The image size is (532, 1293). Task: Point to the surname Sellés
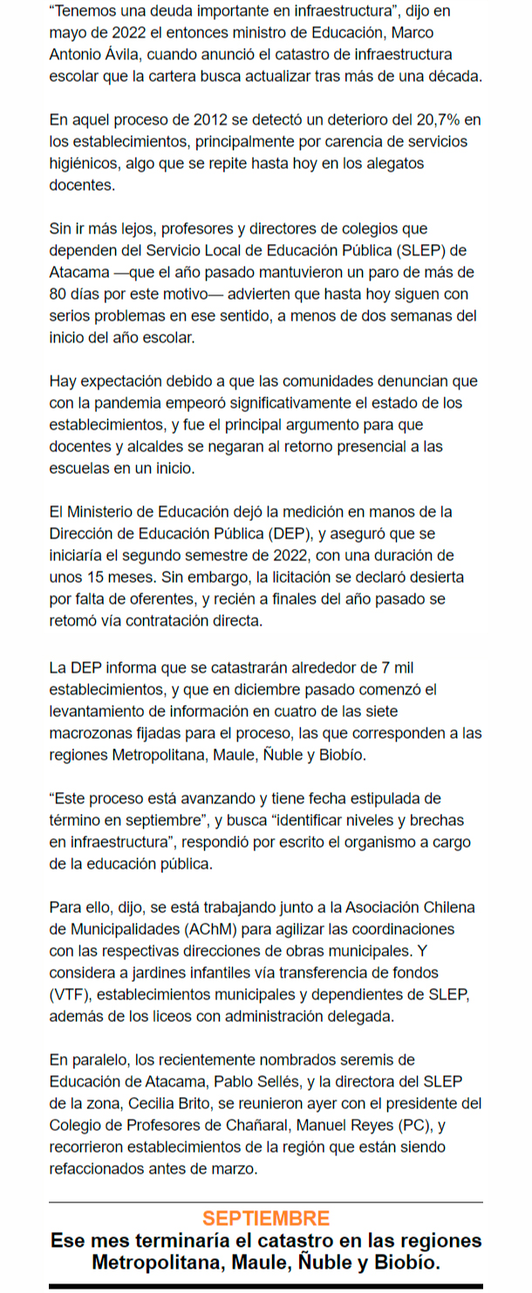coord(289,1081)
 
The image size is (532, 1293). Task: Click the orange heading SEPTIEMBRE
coord(265,1219)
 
